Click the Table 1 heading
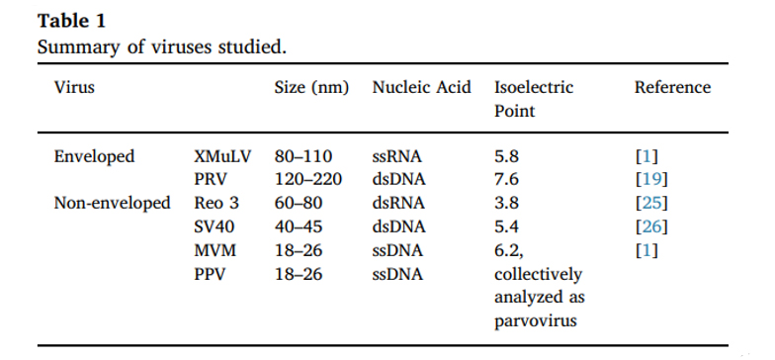tap(71, 21)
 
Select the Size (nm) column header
tap(312, 87)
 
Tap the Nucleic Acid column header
tap(421, 87)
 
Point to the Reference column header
tap(672, 87)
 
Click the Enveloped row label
tap(95, 156)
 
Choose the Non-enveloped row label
tap(113, 204)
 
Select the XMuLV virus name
tap(223, 156)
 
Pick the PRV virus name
tap(211, 180)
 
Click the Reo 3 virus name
tap(216, 203)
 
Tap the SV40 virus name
tap(215, 226)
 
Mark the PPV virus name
tap(210, 273)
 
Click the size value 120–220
tap(308, 180)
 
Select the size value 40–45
tap(299, 226)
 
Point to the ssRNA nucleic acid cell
tap(397, 156)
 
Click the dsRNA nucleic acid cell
tap(398, 203)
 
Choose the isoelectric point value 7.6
tap(506, 180)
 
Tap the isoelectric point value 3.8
tap(506, 203)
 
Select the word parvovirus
tap(536, 320)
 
